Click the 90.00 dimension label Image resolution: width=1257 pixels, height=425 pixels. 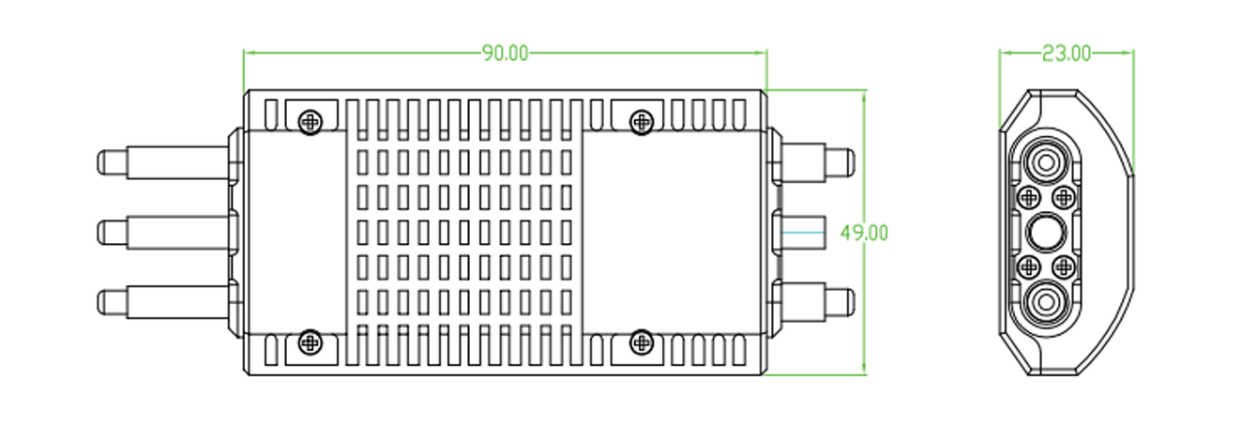pos(506,53)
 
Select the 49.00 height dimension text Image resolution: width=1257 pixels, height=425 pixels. pos(864,233)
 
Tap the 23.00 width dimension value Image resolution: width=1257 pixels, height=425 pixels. pos(1067,53)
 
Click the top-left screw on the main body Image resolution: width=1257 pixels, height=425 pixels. pos(310,121)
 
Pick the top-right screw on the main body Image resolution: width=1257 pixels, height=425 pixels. pos(642,121)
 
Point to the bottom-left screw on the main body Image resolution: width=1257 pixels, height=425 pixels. pos(310,343)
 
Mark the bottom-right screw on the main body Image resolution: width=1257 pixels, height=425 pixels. pos(642,343)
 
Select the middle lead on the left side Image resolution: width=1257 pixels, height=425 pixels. pos(164,231)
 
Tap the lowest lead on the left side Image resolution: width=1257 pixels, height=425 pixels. pos(164,302)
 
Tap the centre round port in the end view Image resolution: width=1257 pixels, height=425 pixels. pos(1045,232)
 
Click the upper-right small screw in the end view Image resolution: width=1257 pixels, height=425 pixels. pos(1063,197)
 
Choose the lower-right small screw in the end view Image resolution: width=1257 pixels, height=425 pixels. pos(1063,266)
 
